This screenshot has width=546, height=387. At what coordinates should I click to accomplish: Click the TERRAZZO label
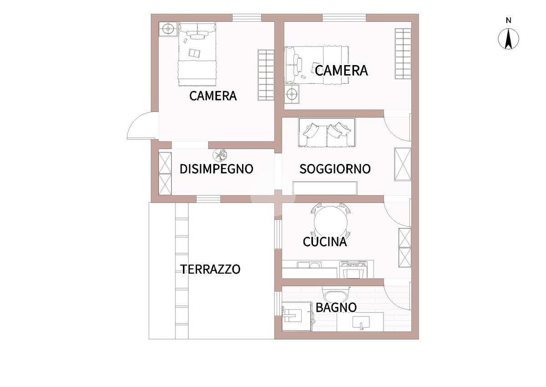click(210, 269)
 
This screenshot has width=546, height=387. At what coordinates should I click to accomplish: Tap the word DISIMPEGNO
click(217, 169)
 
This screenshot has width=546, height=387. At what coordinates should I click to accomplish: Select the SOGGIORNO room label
click(335, 169)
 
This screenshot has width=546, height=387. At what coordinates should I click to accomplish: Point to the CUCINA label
click(325, 242)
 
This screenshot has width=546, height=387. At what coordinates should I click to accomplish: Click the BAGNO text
click(336, 307)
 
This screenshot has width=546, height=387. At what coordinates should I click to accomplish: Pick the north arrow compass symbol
click(508, 39)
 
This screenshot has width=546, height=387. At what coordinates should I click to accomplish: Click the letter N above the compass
click(509, 20)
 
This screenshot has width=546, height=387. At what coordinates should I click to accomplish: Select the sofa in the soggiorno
click(327, 132)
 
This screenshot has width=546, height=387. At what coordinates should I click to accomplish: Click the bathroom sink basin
click(361, 322)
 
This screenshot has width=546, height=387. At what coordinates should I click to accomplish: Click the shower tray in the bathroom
click(297, 316)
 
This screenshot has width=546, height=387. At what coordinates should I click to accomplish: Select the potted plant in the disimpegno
click(220, 155)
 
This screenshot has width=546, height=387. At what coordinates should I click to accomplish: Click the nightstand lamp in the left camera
click(168, 29)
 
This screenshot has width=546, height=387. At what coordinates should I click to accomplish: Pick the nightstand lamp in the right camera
click(292, 93)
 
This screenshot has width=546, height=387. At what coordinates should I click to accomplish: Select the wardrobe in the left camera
click(266, 75)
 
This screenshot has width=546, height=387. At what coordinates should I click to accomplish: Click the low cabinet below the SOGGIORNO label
click(325, 188)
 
